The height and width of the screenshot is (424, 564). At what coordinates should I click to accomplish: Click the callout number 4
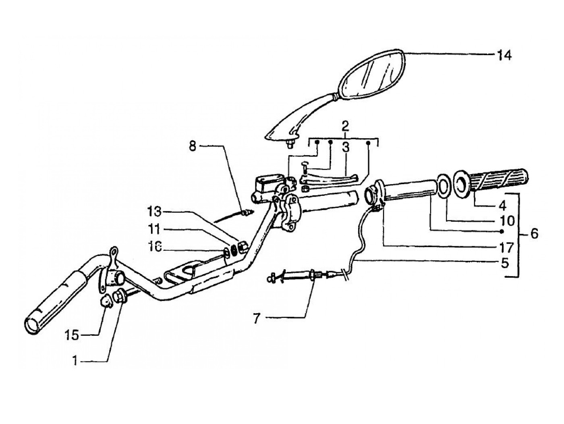coord(502,206)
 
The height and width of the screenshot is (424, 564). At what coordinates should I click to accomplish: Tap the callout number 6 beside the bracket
coord(534,233)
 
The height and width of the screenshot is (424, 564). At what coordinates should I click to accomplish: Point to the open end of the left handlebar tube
coord(32,324)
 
